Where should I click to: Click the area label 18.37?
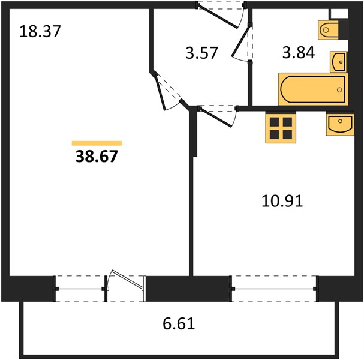coord(40,31)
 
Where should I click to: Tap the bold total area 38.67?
coord(97,157)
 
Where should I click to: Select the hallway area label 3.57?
coord(201,53)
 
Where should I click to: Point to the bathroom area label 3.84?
coord(299,52)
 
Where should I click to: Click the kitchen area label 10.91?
coord(282,200)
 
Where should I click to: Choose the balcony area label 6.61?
coord(179,323)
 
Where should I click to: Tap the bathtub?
coord(313,89)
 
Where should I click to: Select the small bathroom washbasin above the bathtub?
coord(338,62)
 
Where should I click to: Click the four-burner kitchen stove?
coord(281,128)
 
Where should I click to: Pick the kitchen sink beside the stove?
coord(340,124)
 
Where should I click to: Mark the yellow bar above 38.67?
coord(97,143)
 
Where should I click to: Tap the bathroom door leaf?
coord(240,41)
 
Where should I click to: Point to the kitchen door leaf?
coord(216,118)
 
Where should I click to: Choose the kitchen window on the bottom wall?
coord(274,289)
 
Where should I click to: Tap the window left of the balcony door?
coord(80,289)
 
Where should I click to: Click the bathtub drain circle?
coord(339,90)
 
